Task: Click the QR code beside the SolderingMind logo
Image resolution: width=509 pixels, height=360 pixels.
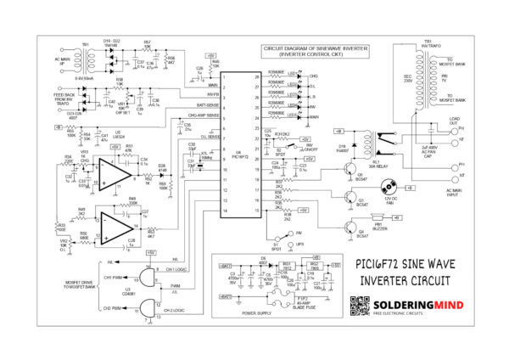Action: (360, 306)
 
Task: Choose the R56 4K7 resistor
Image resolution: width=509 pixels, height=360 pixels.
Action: (170, 59)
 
